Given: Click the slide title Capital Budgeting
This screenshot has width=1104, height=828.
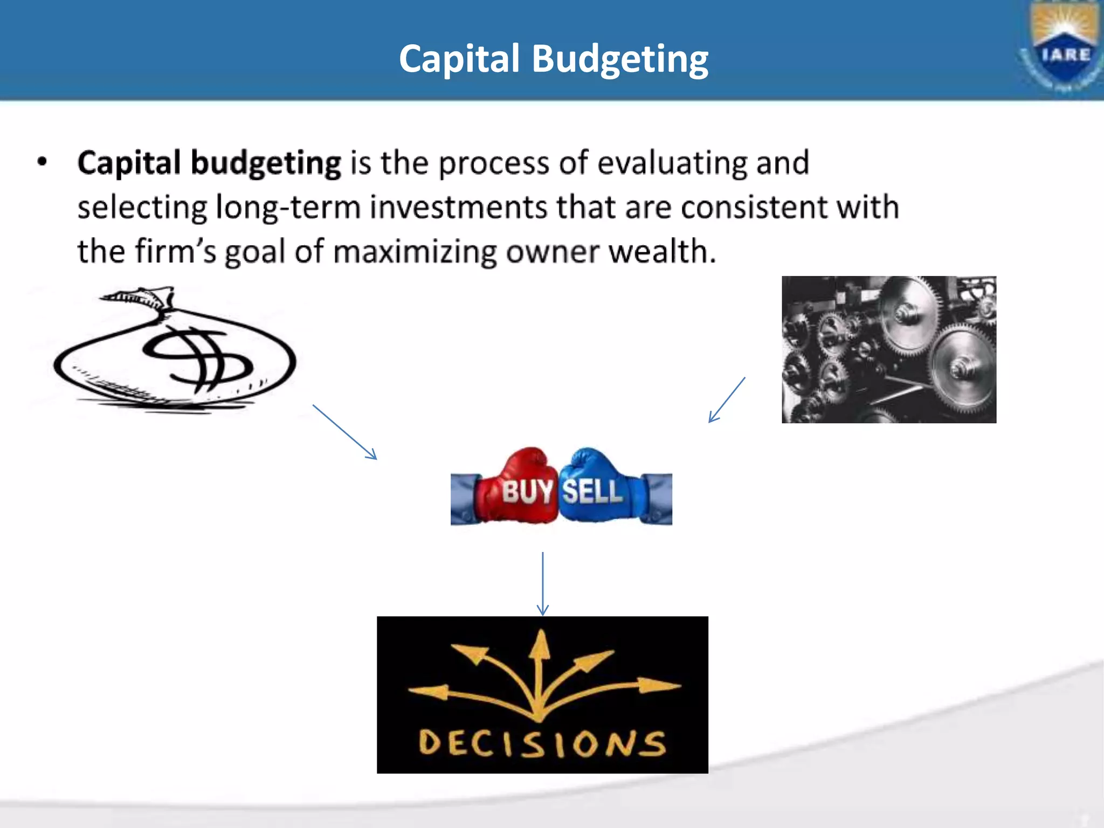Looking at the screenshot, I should click(x=554, y=59).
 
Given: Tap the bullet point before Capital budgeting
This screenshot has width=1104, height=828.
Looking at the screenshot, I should click(x=43, y=162).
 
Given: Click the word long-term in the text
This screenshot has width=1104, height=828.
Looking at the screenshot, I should click(x=288, y=208).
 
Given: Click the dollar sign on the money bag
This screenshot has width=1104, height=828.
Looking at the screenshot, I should click(x=197, y=358).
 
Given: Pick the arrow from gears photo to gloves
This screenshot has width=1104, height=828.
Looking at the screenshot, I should click(x=727, y=400).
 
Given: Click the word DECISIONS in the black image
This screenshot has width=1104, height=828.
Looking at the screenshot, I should click(x=542, y=743).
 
